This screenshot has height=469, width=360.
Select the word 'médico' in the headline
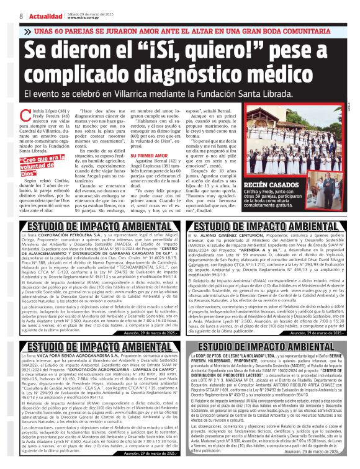click(284, 75)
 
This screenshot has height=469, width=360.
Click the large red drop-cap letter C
click(24, 113)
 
